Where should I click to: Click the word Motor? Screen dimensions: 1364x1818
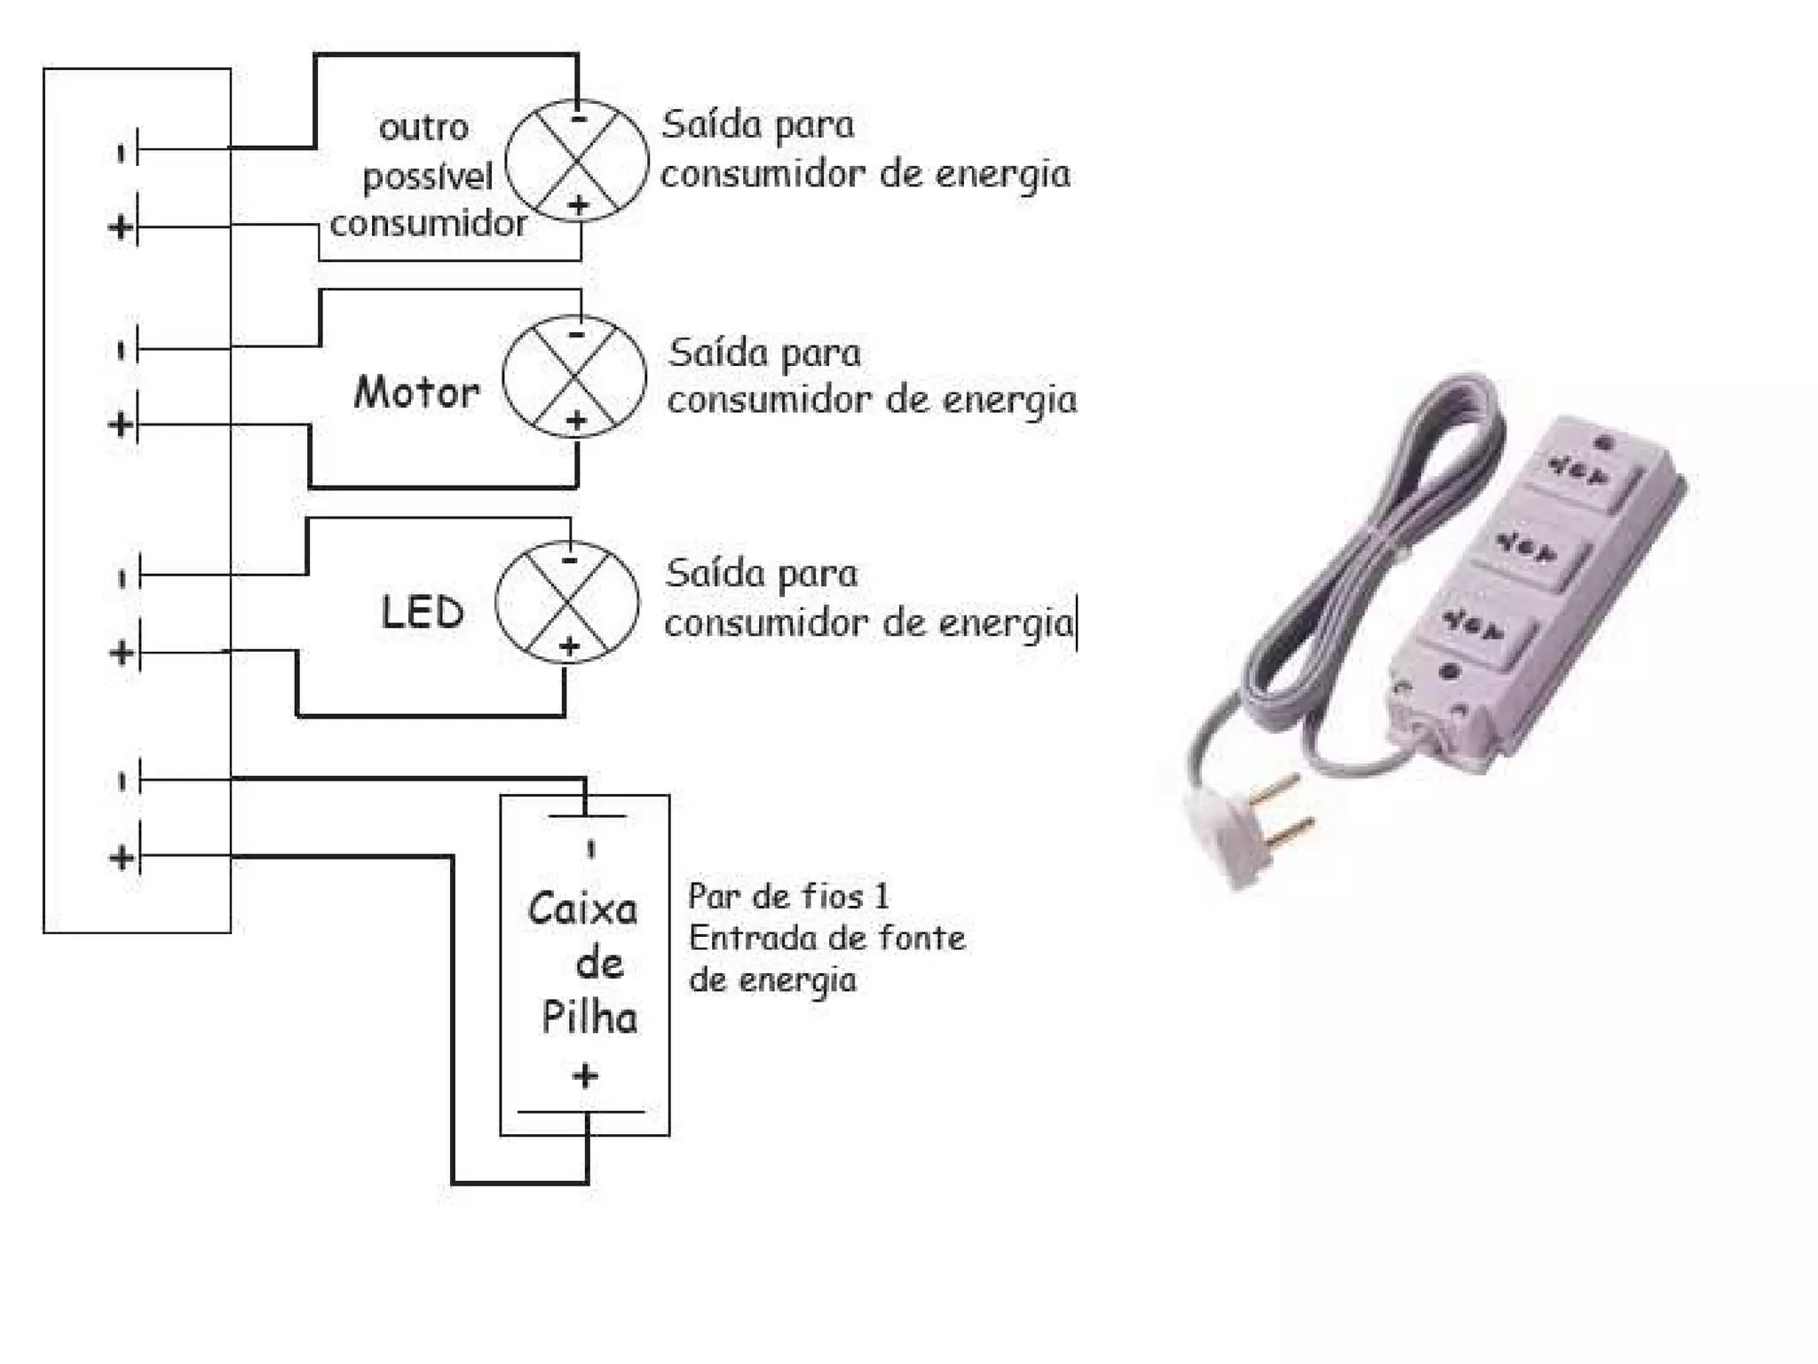pyautogui.click(x=416, y=392)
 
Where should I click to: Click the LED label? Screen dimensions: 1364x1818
pyautogui.click(x=422, y=612)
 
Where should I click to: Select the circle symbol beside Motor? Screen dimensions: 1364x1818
pyautogui.click(x=574, y=377)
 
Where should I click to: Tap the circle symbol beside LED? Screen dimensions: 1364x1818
pyautogui.click(x=566, y=601)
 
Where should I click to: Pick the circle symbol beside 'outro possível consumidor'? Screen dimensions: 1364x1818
pyautogui.click(x=577, y=161)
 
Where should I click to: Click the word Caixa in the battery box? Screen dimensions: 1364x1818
pyautogui.click(x=582, y=909)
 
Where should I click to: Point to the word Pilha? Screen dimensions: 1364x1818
pyautogui.click(x=589, y=1018)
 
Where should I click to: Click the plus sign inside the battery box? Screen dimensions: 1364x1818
pyautogui.click(x=585, y=1076)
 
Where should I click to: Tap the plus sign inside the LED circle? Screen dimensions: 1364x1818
pyautogui.click(x=569, y=646)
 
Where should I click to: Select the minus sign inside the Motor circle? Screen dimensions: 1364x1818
pyautogui.click(x=576, y=335)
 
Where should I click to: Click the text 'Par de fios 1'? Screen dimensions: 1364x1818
pyautogui.click(x=788, y=896)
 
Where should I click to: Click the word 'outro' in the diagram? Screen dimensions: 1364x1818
pyautogui.click(x=423, y=128)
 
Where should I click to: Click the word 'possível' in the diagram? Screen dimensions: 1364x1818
pyautogui.click(x=428, y=177)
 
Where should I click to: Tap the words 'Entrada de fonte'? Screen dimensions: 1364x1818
pyautogui.click(x=826, y=939)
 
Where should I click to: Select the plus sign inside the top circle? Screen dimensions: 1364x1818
pyautogui.click(x=579, y=205)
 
